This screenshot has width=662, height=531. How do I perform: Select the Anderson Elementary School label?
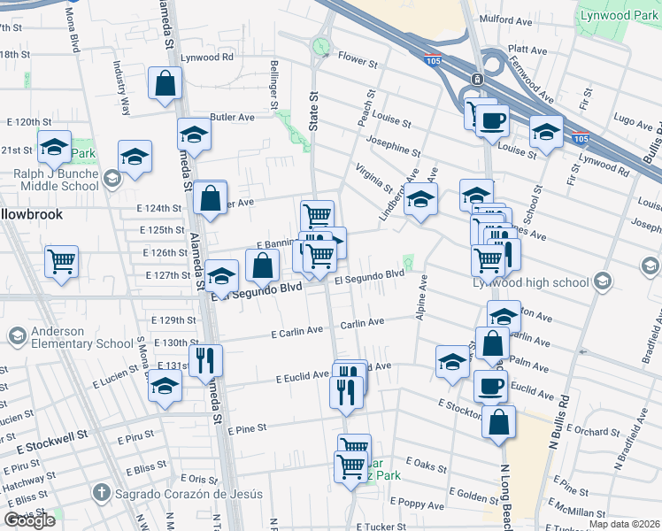tap(58, 337)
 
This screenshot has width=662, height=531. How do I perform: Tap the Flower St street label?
tap(358, 64)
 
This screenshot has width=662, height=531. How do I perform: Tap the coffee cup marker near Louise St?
tap(491, 120)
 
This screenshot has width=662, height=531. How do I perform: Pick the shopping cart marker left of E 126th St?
tap(62, 261)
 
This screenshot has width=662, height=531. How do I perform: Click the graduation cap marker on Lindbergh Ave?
tap(421, 199)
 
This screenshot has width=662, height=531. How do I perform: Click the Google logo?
tap(30, 520)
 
